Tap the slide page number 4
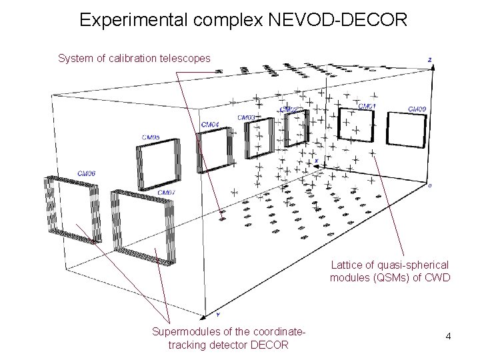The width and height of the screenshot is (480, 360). (449, 336)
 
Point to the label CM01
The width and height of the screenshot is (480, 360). (367, 106)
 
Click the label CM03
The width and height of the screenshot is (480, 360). (246, 117)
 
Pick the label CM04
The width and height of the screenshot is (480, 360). (210, 124)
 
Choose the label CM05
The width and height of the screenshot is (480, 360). (151, 137)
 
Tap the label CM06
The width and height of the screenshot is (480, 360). (87, 173)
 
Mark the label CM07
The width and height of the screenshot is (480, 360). (167, 193)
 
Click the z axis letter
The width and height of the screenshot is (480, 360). (430, 60)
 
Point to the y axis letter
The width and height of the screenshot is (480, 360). (218, 314)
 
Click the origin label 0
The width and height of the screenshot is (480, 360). (429, 185)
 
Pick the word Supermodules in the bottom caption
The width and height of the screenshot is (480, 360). (183, 331)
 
